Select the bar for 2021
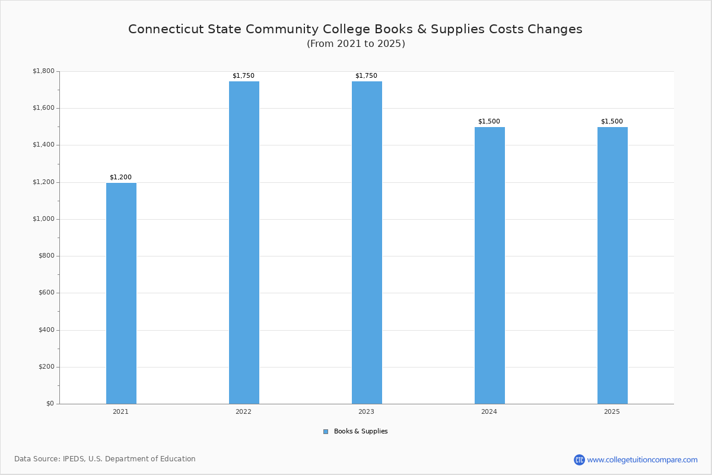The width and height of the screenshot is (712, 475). click(121, 293)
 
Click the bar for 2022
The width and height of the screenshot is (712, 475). click(244, 242)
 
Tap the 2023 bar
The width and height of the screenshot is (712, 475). click(367, 242)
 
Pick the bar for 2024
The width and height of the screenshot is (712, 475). click(490, 265)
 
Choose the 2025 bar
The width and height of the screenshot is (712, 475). click(612, 265)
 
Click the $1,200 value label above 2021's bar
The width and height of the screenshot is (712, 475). click(120, 177)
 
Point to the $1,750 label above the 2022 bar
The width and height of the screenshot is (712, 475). click(243, 75)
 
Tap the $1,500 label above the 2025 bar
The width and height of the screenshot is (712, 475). click(612, 121)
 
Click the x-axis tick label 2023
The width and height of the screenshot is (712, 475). click(366, 411)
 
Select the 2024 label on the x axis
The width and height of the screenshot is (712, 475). click(489, 411)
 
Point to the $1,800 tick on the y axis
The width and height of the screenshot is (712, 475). click(43, 71)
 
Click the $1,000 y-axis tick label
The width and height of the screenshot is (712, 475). click(43, 219)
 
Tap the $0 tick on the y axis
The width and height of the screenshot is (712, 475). click(49, 404)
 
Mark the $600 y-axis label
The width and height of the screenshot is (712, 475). click(46, 293)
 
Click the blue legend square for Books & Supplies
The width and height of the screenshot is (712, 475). click(326, 432)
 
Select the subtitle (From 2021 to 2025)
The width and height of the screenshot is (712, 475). click(356, 44)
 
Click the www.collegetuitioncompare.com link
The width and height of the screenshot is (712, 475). click(642, 460)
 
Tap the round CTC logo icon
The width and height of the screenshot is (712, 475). click(579, 460)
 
